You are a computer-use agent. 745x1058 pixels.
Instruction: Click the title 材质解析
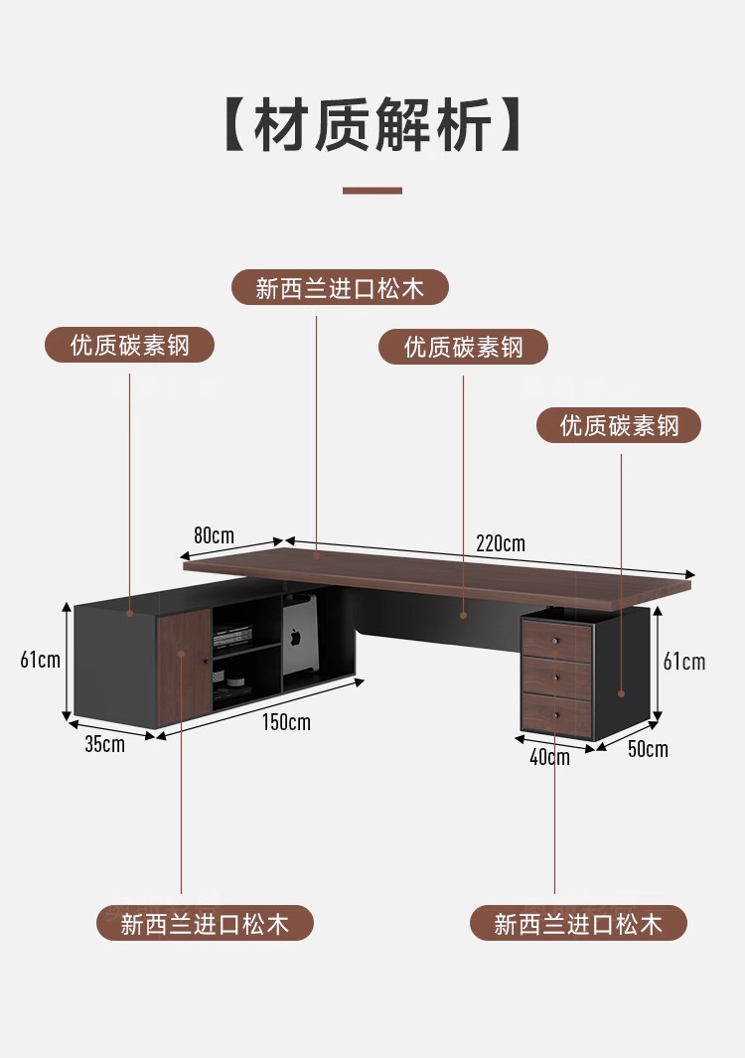coord(372,125)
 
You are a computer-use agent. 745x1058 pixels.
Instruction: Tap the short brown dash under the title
coord(372,190)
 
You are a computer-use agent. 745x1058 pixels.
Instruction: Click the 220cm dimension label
coord(500,543)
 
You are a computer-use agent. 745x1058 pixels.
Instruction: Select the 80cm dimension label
coord(214,535)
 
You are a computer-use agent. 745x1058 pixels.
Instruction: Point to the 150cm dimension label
coord(286,722)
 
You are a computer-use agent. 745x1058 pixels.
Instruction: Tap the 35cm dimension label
coord(104,744)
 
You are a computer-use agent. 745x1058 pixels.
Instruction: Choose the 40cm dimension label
coord(549,757)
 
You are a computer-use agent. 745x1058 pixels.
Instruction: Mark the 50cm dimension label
coord(648,749)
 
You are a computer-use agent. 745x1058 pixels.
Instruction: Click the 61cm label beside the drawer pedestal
coord(684,662)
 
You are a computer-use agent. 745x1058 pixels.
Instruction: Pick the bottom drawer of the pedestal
coord(557,713)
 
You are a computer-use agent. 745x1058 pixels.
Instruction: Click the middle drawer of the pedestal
coord(557,677)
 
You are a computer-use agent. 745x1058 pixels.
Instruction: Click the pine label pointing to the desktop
coord(340,288)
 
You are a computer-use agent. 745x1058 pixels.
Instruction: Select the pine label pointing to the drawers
coord(578,924)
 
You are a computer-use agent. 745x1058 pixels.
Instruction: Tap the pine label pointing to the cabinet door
coord(205,924)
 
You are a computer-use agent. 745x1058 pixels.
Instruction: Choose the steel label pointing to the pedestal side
coord(619,426)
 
